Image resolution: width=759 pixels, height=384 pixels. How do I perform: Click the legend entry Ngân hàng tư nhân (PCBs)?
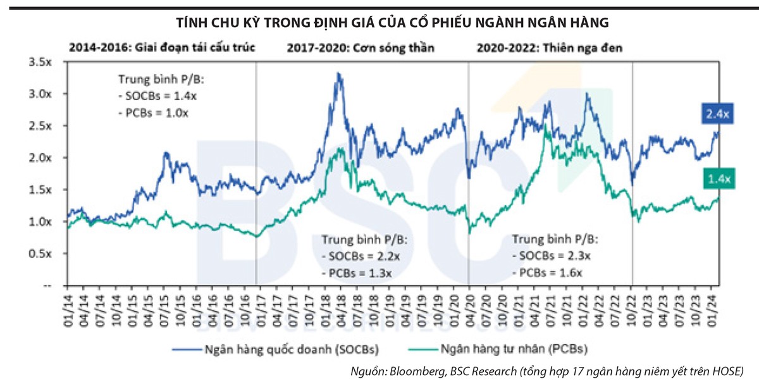point(517,349)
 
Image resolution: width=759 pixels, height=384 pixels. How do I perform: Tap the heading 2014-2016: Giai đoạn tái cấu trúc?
point(162,47)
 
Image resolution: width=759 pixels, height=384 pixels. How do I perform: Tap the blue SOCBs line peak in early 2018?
point(339,74)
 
